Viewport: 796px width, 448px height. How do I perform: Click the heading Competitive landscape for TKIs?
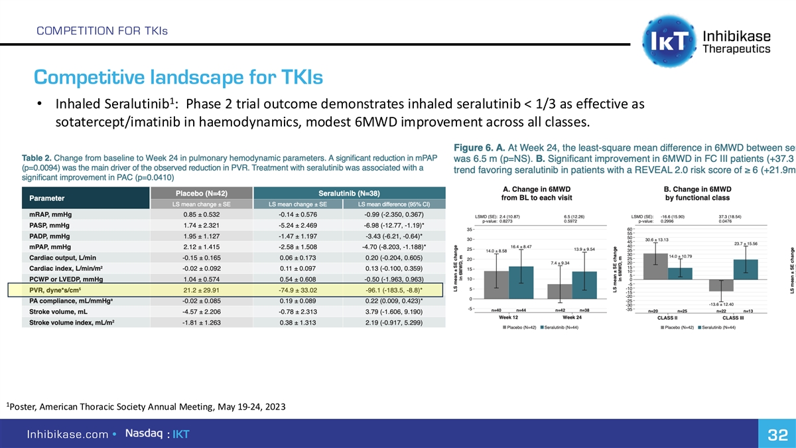[178, 79]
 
